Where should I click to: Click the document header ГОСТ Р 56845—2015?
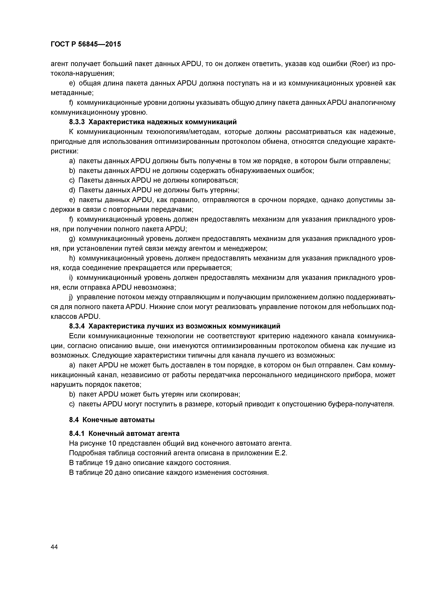tap(86, 44)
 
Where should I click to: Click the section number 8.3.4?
tap(77, 326)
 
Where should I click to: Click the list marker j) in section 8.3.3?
tap(71, 297)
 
